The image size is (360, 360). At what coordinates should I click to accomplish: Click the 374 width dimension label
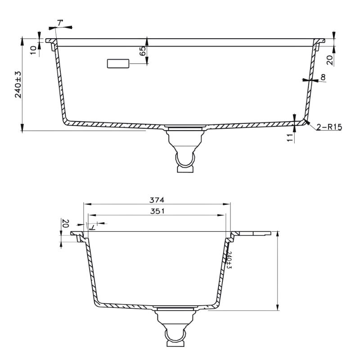157,200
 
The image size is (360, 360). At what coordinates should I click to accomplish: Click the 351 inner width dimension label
157,211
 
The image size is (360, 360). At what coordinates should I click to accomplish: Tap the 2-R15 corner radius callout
329,127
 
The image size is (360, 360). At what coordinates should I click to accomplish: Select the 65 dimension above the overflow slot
143,51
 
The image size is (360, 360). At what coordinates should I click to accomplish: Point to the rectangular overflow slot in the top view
118,63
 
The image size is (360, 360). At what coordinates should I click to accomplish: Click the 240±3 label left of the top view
18,85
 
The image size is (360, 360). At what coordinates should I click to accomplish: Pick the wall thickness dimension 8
323,77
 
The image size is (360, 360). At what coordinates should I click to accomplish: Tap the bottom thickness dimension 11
290,138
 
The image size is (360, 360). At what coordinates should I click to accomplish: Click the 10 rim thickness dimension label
33,50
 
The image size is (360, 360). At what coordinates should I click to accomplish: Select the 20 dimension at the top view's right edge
330,60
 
